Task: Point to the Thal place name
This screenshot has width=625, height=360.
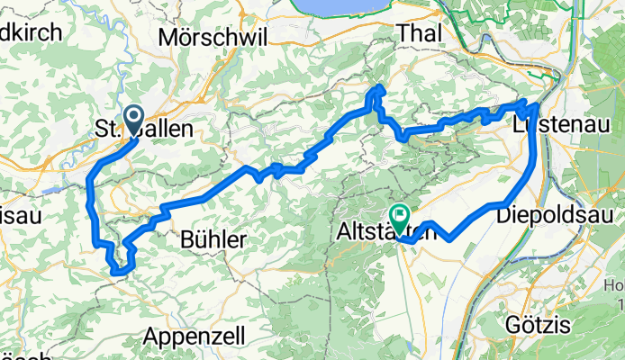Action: (418, 31)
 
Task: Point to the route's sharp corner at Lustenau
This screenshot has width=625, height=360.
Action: (538, 106)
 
